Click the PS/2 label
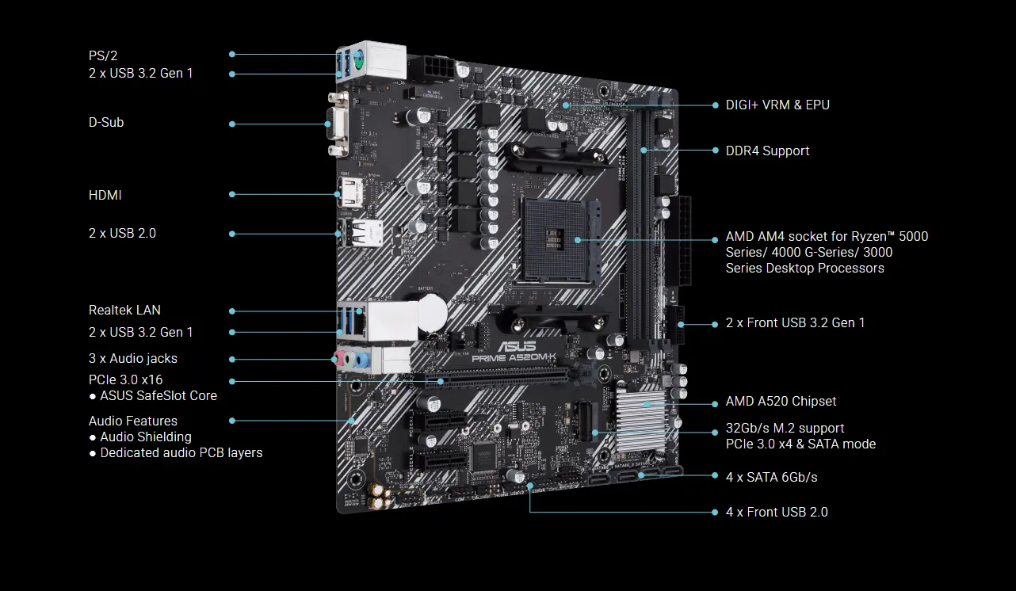click(103, 55)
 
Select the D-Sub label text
click(106, 123)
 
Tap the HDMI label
click(105, 195)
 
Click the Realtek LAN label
click(124, 311)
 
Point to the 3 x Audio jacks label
click(133, 359)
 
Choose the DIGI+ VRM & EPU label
click(777, 105)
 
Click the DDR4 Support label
click(767, 151)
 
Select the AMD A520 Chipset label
click(781, 402)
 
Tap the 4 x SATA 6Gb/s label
click(771, 478)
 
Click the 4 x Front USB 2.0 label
click(777, 513)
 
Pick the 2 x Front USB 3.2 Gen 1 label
click(795, 323)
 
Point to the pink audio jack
click(338, 359)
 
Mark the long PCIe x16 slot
click(491, 378)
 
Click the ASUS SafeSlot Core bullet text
click(158, 396)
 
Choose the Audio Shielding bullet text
click(145, 437)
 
